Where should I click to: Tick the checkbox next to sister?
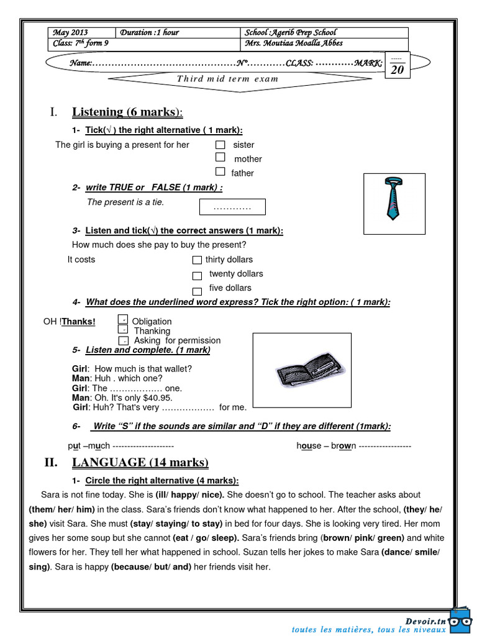(x=220, y=145)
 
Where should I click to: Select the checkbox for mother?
(x=220, y=158)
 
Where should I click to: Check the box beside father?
(x=220, y=172)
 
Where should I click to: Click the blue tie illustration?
(x=393, y=199)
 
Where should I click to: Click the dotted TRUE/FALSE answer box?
(x=232, y=207)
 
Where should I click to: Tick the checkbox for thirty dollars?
(x=197, y=260)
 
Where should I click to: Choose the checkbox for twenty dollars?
(x=197, y=275)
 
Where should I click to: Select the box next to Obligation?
(x=123, y=319)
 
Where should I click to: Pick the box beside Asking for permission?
(x=123, y=341)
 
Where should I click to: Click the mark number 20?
(x=397, y=70)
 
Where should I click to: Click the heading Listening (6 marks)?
(x=127, y=112)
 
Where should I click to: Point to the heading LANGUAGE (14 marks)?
(x=140, y=463)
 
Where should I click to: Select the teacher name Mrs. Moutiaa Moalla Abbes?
(x=294, y=43)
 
